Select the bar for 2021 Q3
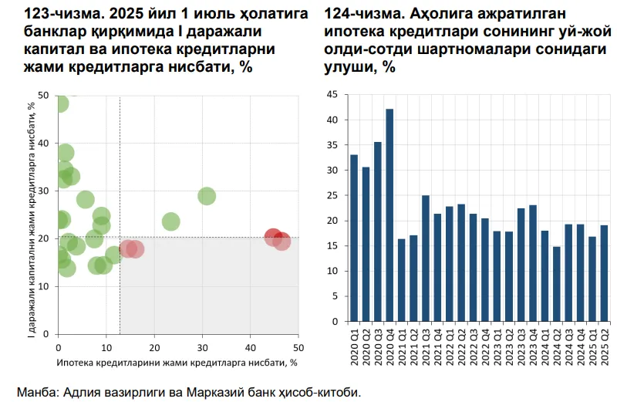(x=425, y=258)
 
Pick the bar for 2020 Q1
(x=354, y=238)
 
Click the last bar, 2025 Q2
(x=604, y=272)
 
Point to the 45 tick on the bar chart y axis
(x=334, y=95)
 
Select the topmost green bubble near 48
(x=59, y=103)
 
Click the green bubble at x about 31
(x=207, y=196)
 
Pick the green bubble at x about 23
(x=170, y=222)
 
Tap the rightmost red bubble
(x=282, y=242)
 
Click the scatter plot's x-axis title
(x=177, y=361)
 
